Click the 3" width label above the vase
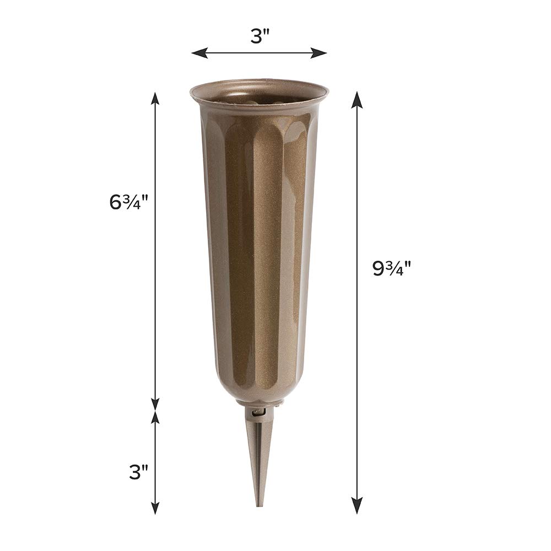pyautogui.click(x=259, y=36)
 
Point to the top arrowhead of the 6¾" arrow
pyautogui.click(x=155, y=99)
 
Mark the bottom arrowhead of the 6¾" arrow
pyautogui.click(x=155, y=404)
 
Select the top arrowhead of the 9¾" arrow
pyautogui.click(x=358, y=99)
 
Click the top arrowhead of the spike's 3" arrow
pyautogui.click(x=155, y=418)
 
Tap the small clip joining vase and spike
pyautogui.click(x=255, y=411)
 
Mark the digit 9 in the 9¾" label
pyautogui.click(x=379, y=269)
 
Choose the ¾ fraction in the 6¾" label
pyautogui.click(x=133, y=202)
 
